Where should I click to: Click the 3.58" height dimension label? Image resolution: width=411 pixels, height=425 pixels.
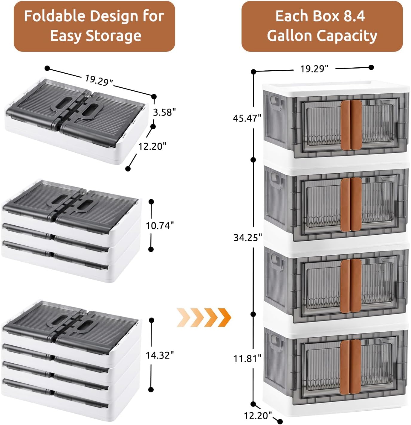pyautogui.click(x=164, y=112)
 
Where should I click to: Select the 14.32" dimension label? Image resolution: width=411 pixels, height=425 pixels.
pyautogui.click(x=160, y=355)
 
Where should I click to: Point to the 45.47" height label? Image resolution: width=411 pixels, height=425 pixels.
pyautogui.click(x=247, y=118)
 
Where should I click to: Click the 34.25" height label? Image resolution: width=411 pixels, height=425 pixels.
pyautogui.click(x=248, y=238)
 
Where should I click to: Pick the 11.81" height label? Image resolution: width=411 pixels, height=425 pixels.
pyautogui.click(x=247, y=358)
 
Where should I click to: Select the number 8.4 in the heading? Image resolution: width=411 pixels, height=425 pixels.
pyautogui.click(x=354, y=16)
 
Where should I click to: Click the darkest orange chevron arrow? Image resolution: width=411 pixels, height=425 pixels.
pyautogui.click(x=224, y=317)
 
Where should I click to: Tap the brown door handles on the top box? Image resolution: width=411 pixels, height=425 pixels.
pyautogui.click(x=351, y=125)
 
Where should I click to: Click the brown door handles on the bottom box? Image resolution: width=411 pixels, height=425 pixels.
pyautogui.click(x=351, y=367)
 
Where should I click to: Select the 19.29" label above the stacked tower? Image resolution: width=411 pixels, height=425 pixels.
pyautogui.click(x=314, y=69)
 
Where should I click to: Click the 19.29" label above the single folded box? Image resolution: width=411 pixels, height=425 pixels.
pyautogui.click(x=99, y=80)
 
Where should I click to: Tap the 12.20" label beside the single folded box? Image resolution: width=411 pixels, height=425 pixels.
pyautogui.click(x=152, y=146)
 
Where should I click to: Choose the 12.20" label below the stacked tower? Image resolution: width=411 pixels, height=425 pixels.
pyautogui.click(x=258, y=415)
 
